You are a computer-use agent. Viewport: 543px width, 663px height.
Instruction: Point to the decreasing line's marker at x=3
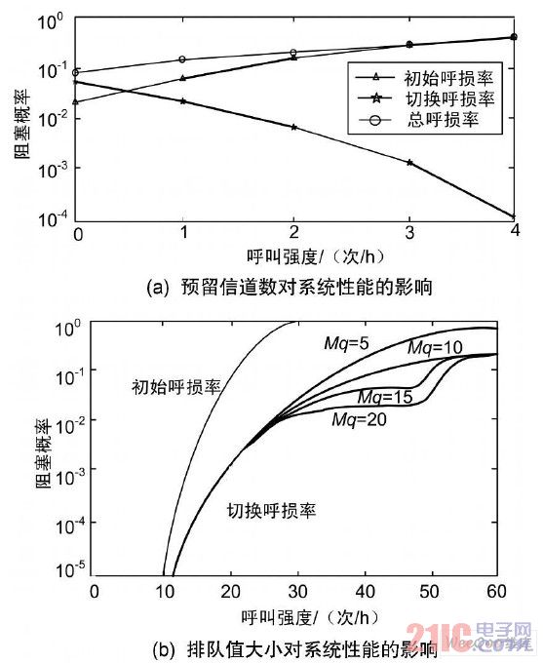point(409,163)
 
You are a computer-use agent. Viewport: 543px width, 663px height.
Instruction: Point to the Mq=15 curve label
point(383,397)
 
